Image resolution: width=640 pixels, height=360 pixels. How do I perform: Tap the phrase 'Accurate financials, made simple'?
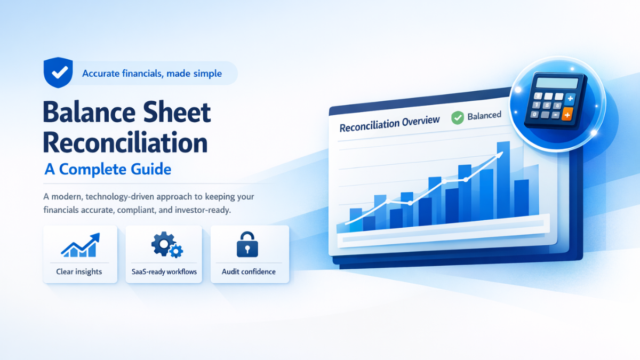click(152, 74)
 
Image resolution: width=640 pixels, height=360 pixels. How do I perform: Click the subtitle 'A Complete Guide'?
click(108, 170)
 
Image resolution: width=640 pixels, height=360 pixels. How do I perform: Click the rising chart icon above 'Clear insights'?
click(80, 245)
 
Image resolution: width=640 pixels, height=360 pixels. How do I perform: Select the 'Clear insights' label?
click(79, 272)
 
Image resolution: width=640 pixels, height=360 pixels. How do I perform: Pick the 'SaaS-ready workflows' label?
click(164, 272)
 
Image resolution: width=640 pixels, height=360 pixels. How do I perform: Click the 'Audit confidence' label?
click(249, 272)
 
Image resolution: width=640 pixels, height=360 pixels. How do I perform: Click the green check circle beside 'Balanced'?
click(457, 118)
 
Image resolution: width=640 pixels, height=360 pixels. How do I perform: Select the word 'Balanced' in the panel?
click(484, 115)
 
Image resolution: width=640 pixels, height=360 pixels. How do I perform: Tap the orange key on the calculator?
click(567, 113)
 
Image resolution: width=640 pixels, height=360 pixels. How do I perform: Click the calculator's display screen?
click(557, 83)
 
